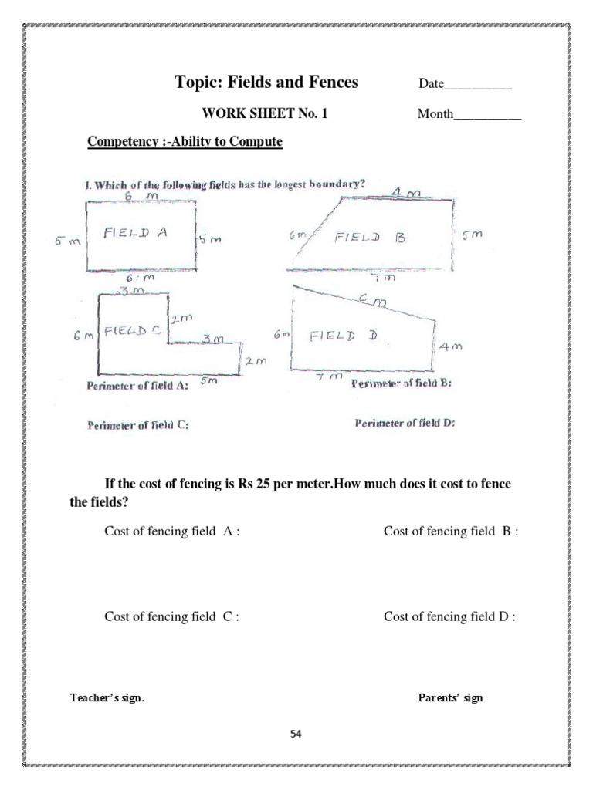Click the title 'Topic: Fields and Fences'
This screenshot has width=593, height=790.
(266, 83)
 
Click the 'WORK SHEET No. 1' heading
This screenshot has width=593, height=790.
(265, 113)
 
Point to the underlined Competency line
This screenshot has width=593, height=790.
(185, 142)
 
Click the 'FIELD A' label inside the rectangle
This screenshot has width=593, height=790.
(136, 234)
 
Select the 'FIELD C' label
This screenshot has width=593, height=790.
(132, 330)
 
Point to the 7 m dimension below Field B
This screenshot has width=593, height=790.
(383, 277)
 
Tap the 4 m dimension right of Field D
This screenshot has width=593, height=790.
(450, 347)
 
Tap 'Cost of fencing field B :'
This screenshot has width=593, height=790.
(450, 532)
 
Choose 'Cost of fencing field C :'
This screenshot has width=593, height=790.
(171, 616)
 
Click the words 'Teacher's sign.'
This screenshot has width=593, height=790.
(107, 698)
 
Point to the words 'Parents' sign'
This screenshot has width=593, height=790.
(450, 698)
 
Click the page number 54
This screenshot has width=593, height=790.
(296, 734)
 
